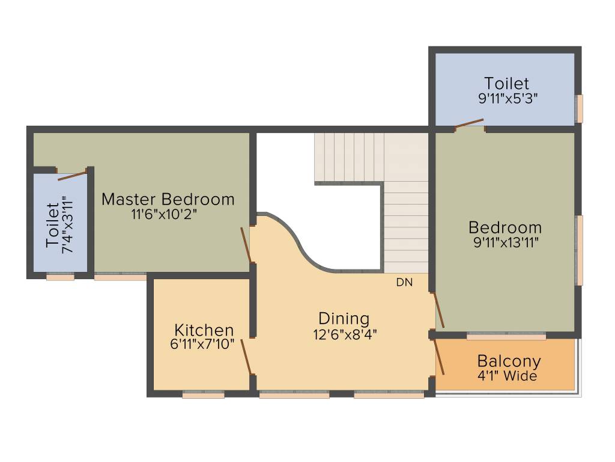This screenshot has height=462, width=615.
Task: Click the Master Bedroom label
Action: point(168,199)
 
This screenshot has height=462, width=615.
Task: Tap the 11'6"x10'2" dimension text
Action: point(168,214)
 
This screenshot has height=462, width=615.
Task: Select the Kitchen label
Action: point(204,330)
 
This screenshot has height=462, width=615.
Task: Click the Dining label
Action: point(344,318)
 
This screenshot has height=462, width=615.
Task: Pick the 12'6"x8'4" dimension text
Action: point(345,334)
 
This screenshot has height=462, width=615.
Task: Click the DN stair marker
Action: point(404,282)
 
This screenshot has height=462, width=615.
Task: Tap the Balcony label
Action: point(509,362)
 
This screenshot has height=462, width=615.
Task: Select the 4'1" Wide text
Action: point(507,377)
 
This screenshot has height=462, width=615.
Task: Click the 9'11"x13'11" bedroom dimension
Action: point(504,242)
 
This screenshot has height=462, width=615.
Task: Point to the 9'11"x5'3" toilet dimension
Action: point(507,98)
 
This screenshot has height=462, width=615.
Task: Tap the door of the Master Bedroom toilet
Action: point(72,176)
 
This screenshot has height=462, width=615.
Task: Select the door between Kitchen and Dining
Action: point(246,357)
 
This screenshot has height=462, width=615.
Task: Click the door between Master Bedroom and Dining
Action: point(246,244)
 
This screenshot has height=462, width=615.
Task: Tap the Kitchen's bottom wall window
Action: point(203,395)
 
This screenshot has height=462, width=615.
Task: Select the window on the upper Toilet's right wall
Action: point(579,108)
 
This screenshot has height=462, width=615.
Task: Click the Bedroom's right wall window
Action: point(579,250)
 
